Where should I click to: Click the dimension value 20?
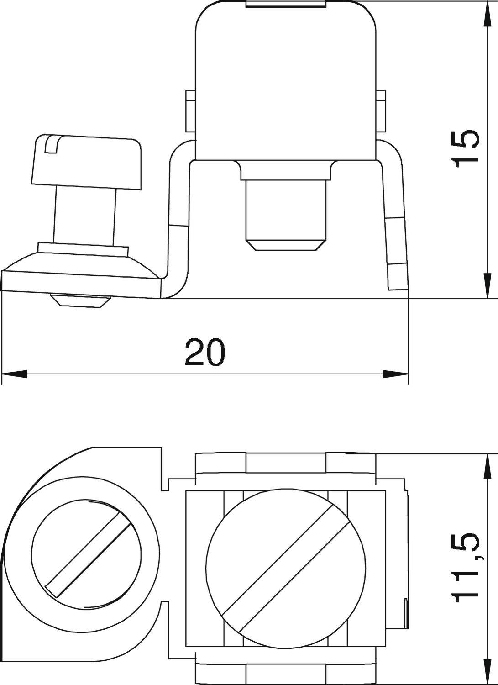pyautogui.click(x=205, y=352)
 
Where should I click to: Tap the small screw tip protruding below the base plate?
pyautogui.click(x=80, y=301)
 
